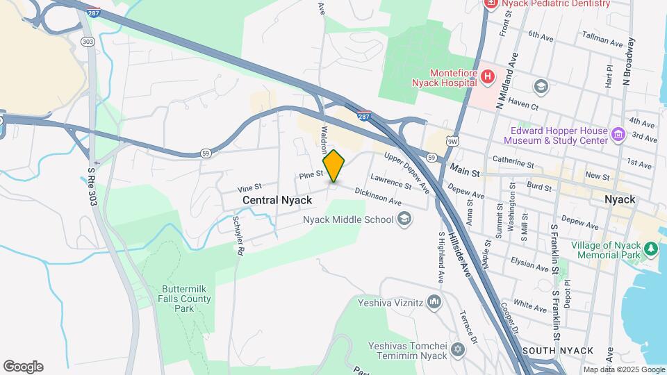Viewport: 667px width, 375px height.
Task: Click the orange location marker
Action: click(333, 166)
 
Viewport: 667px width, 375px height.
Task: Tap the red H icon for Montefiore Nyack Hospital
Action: click(488, 76)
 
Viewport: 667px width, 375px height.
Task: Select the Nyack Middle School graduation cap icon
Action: click(404, 220)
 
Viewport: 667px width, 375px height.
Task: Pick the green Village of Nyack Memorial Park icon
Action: click(651, 249)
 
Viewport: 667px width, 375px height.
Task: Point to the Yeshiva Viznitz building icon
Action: click(434, 301)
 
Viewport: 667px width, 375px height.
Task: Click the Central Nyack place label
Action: click(277, 200)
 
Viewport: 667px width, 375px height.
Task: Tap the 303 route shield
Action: click(88, 42)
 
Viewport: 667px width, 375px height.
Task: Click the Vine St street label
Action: click(249, 187)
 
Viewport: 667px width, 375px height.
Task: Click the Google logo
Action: click(24, 367)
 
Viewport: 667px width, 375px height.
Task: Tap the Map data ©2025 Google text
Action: click(624, 370)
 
